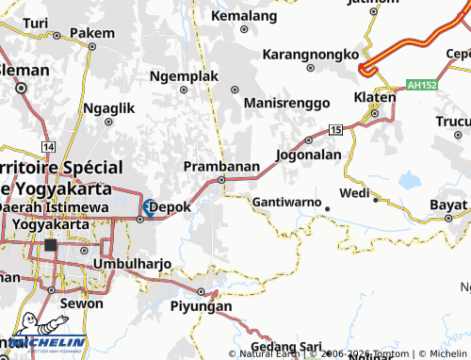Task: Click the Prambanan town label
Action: tap(220, 166)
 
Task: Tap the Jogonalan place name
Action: tap(309, 154)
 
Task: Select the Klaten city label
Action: tap(373, 97)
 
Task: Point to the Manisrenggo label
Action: tap(286, 102)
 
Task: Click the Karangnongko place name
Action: tap(313, 54)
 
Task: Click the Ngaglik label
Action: tap(109, 108)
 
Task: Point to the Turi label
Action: tap(35, 22)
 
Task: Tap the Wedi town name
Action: tap(354, 193)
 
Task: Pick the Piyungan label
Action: tap(201, 306)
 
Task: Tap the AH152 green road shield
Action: tap(426, 85)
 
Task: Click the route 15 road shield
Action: tap(336, 128)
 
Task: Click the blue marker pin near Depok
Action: tap(149, 206)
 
